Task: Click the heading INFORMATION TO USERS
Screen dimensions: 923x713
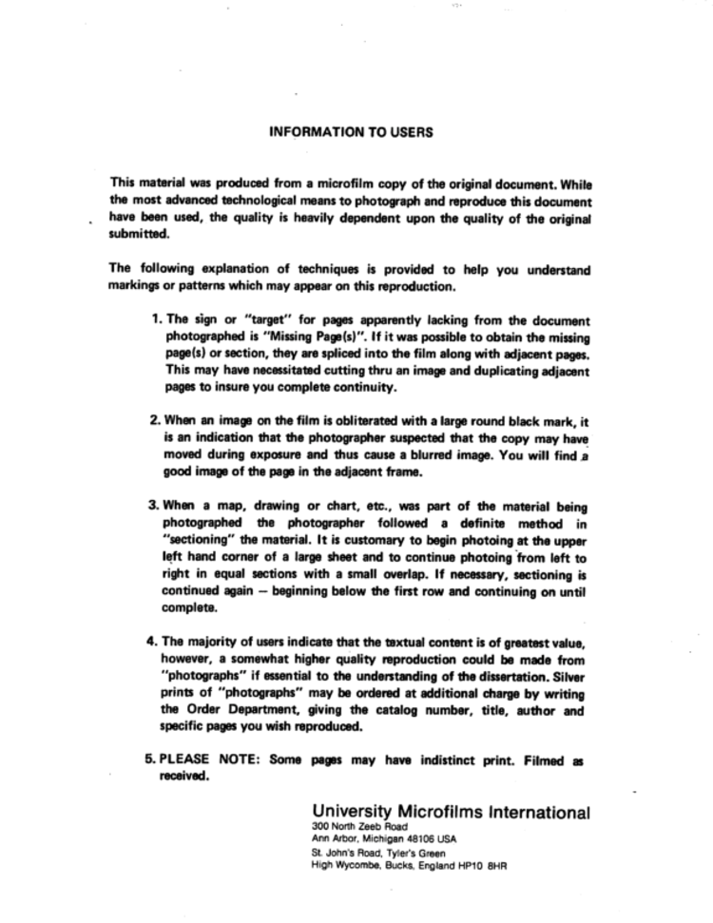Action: (x=352, y=132)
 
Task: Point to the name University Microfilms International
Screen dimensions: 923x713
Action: (x=450, y=813)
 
